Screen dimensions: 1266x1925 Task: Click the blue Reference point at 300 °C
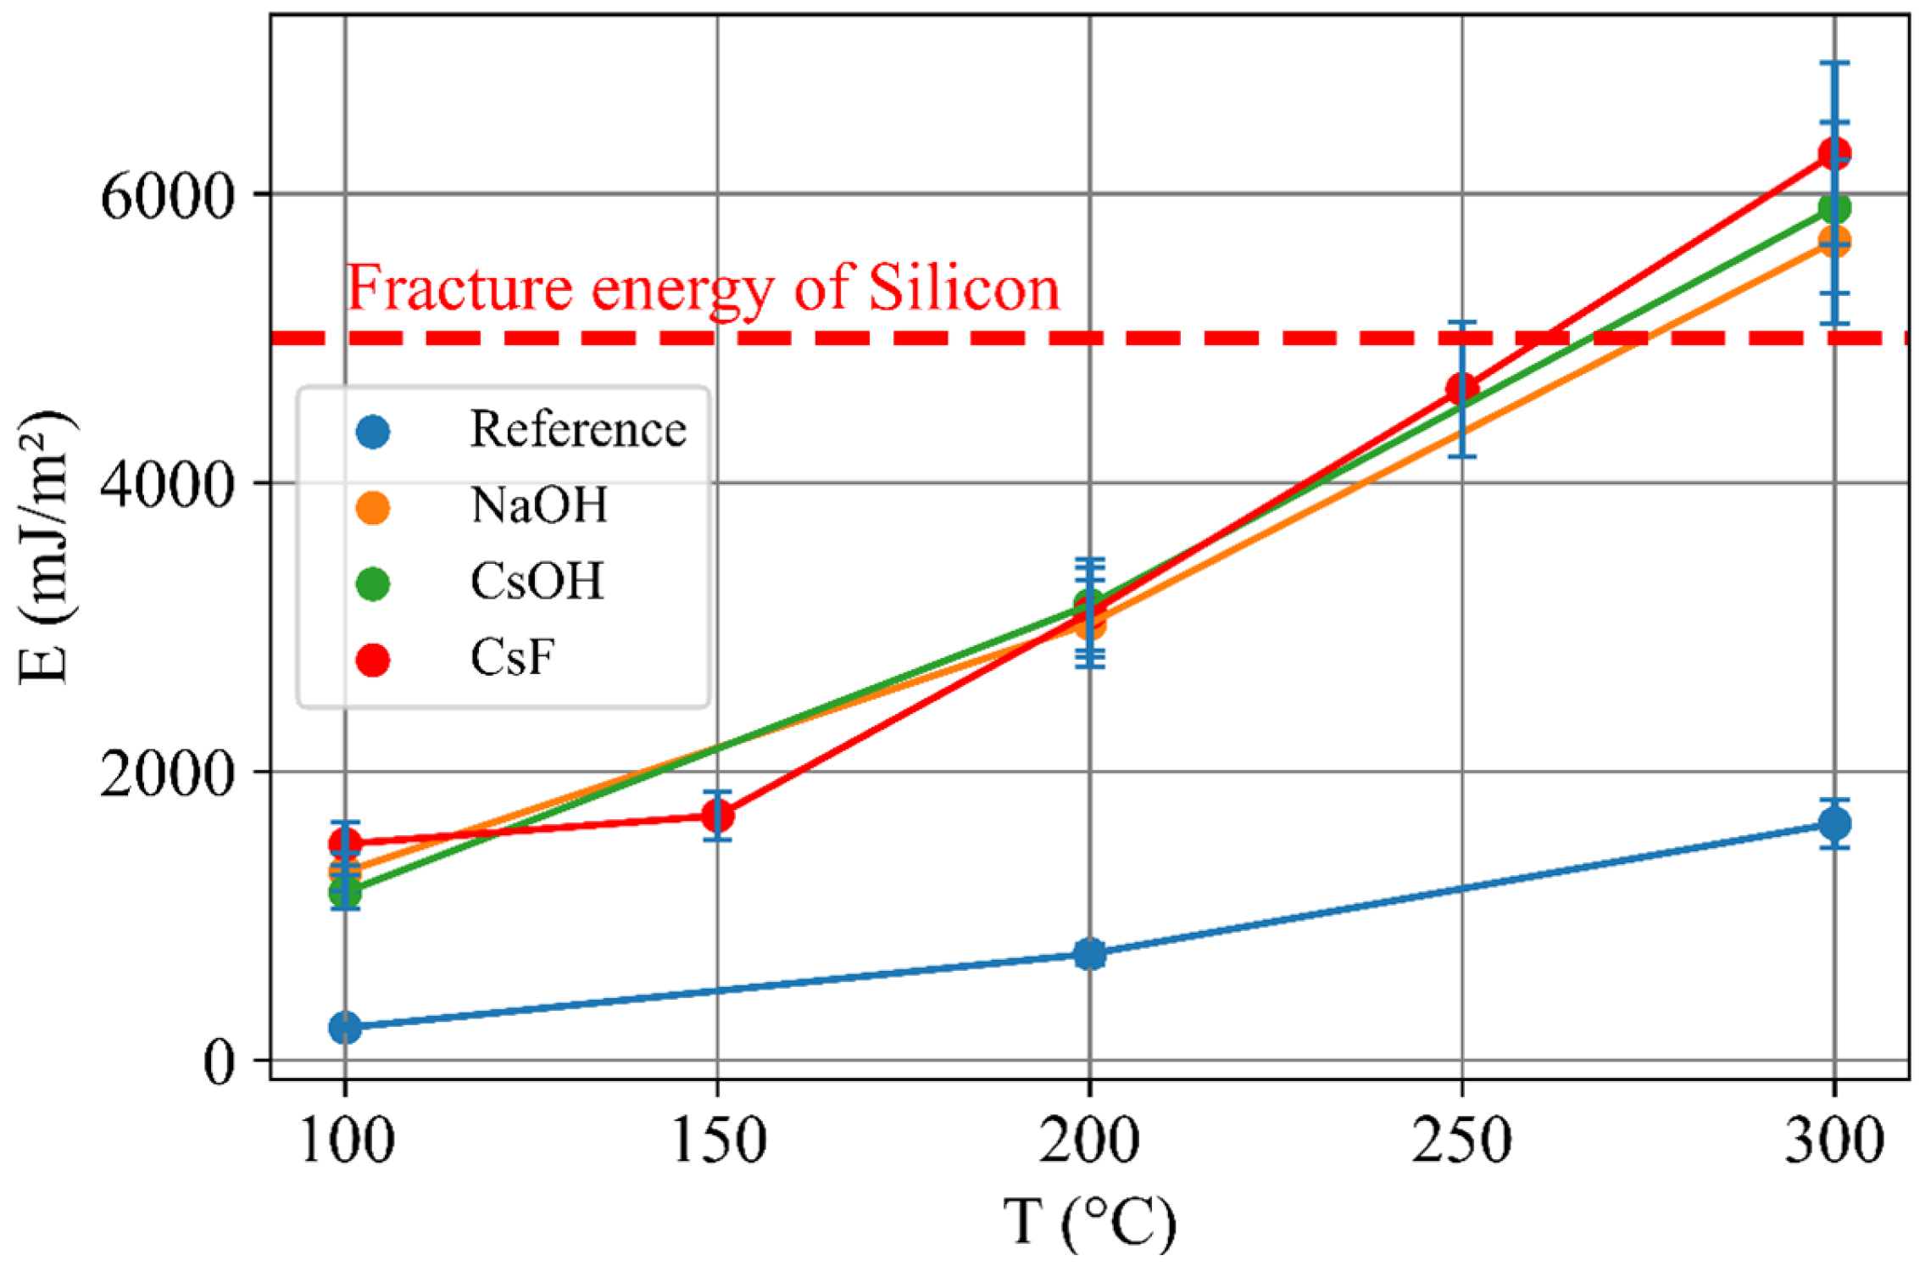coord(1834,823)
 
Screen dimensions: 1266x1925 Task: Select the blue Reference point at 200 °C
coord(1089,954)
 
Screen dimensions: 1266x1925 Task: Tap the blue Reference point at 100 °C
coord(345,1027)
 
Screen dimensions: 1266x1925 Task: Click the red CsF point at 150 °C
coord(717,816)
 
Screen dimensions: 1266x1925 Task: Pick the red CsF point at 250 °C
coord(1462,390)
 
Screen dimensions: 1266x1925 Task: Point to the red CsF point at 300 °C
coord(1834,153)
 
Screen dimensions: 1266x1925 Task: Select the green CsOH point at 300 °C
coord(1834,208)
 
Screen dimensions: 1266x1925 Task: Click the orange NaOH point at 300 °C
coord(1834,243)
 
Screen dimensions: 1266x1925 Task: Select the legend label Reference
coord(578,430)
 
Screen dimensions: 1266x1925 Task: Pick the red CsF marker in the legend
coord(373,659)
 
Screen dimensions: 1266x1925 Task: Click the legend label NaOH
coord(539,506)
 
